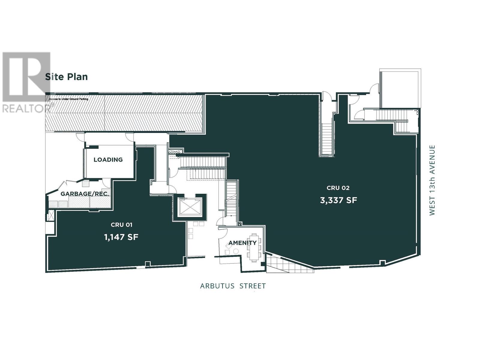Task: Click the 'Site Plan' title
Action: (x=66, y=77)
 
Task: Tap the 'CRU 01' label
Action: (x=121, y=225)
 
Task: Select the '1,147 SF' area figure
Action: (x=121, y=237)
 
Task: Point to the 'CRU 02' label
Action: (x=338, y=188)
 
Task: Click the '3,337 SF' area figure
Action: (x=338, y=200)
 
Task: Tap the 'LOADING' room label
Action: (x=108, y=160)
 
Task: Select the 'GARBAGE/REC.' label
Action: (x=85, y=194)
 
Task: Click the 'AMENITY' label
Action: (x=242, y=243)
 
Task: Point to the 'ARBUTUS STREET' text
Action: (x=233, y=286)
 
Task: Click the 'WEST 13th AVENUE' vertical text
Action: (x=432, y=180)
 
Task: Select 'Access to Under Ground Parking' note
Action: (x=69, y=99)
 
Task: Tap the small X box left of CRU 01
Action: (x=50, y=216)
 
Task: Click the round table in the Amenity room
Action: (x=236, y=251)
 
